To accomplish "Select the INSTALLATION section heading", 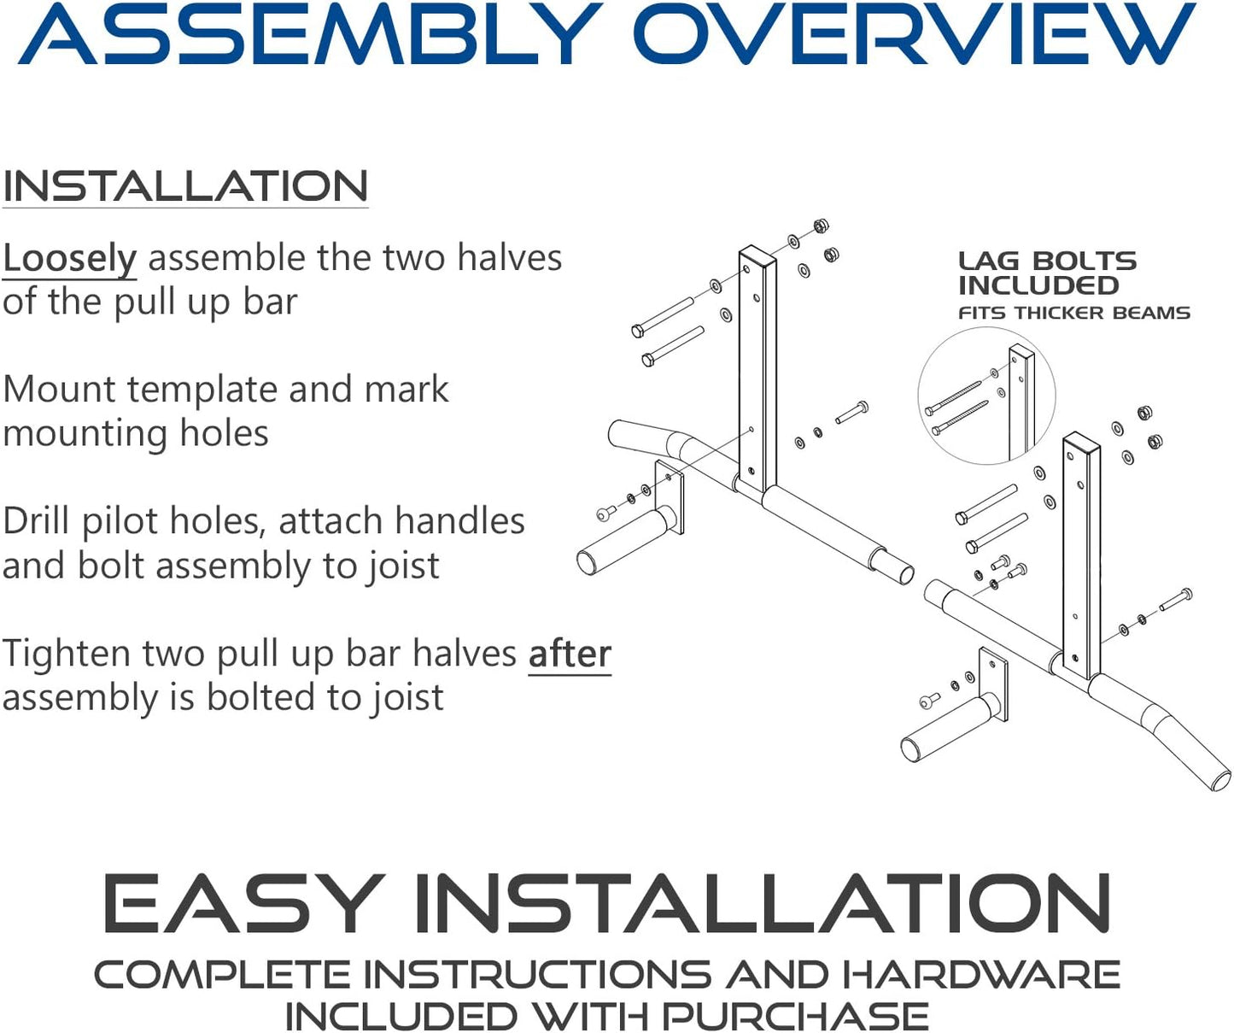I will pos(185,186).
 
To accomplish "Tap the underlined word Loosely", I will pos(69,258).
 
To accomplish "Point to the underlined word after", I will pos(570,654).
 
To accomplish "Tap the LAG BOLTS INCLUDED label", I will pos(1046,273).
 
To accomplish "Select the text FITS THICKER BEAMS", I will pos(1073,313).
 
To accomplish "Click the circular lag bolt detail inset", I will pos(985,396).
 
